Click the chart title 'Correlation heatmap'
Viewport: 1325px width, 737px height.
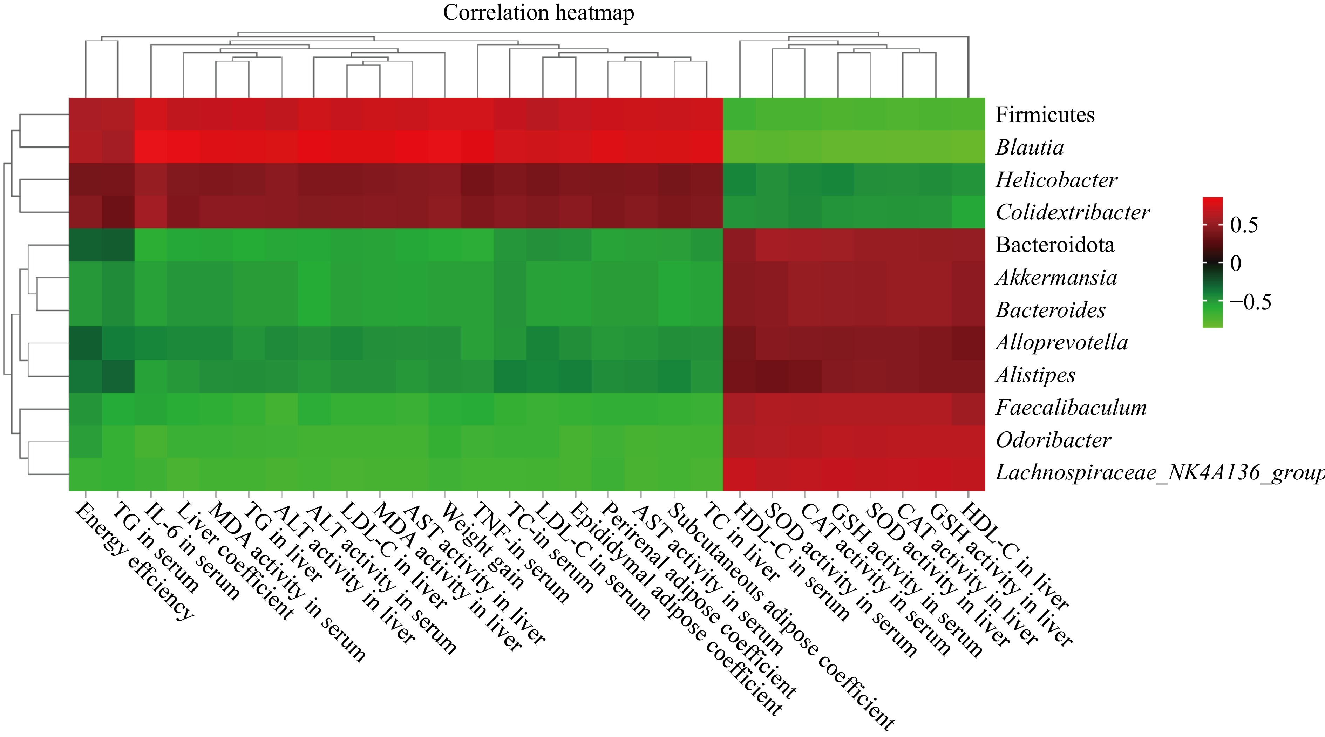pos(538,13)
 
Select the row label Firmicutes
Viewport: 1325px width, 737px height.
pos(1045,115)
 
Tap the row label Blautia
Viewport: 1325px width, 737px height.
pos(1029,148)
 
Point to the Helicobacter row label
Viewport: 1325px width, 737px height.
pos(1056,180)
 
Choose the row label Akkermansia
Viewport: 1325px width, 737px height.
pos(1056,278)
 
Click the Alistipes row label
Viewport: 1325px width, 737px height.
pos(1035,375)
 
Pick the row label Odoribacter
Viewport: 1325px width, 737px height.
pos(1053,440)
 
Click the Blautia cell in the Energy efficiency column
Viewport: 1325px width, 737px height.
pos(86,147)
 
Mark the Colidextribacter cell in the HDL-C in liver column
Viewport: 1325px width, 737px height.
pos(968,212)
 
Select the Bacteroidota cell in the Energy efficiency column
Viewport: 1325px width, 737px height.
pos(86,245)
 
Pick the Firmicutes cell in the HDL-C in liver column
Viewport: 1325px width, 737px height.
pos(968,114)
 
